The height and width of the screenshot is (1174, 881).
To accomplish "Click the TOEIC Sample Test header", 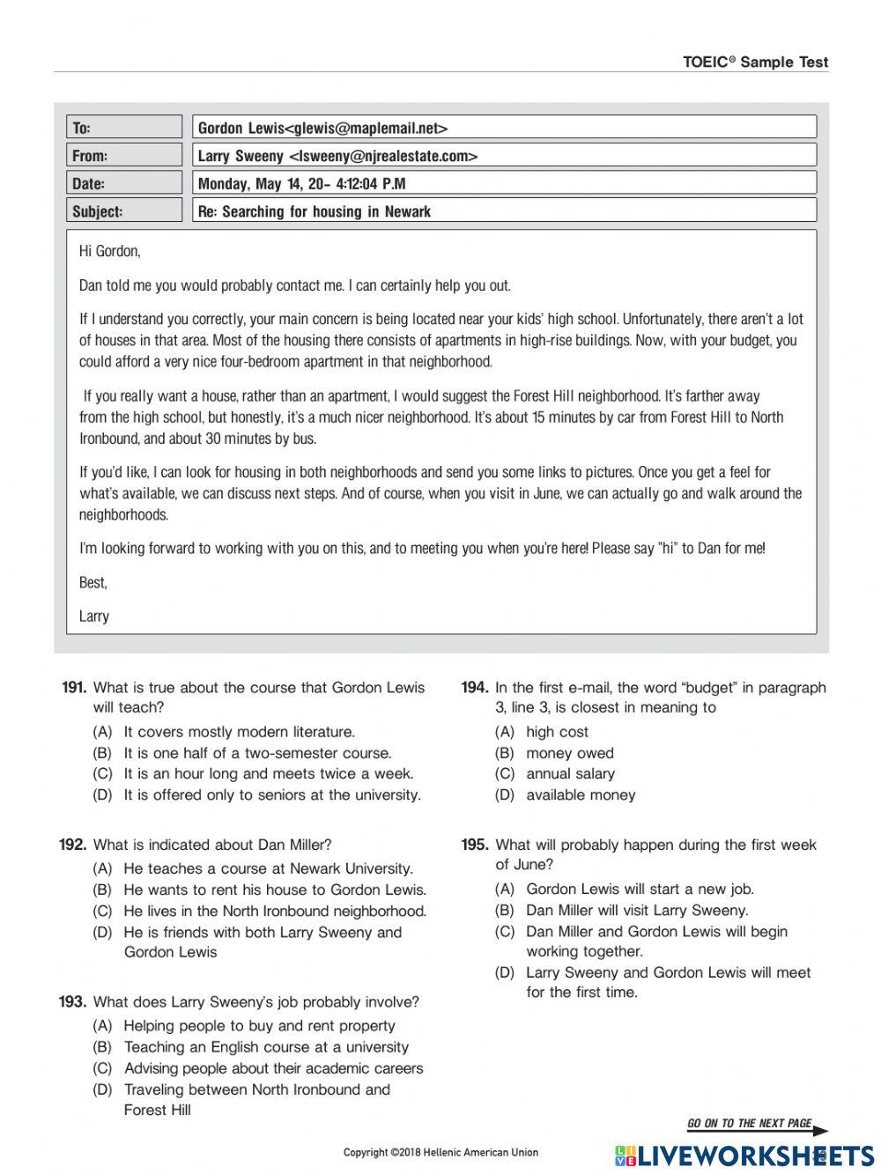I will point(755,62).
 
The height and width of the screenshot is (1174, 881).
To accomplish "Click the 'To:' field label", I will point(81,129).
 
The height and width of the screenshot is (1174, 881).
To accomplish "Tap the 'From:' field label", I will point(89,156).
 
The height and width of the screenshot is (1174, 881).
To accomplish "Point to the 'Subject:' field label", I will point(97,211).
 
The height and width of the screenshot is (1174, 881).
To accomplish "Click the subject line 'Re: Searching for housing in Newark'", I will point(315,211).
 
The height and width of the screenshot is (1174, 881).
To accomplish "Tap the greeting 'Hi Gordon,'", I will point(109,252).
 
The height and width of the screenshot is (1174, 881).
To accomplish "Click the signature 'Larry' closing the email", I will point(94,617).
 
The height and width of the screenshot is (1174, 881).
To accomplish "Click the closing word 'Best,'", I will point(93,583).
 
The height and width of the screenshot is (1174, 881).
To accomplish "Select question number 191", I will point(74,688).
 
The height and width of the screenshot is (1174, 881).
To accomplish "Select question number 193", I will point(72,1002).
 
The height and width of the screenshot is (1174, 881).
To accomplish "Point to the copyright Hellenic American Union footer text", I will point(440,1152).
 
